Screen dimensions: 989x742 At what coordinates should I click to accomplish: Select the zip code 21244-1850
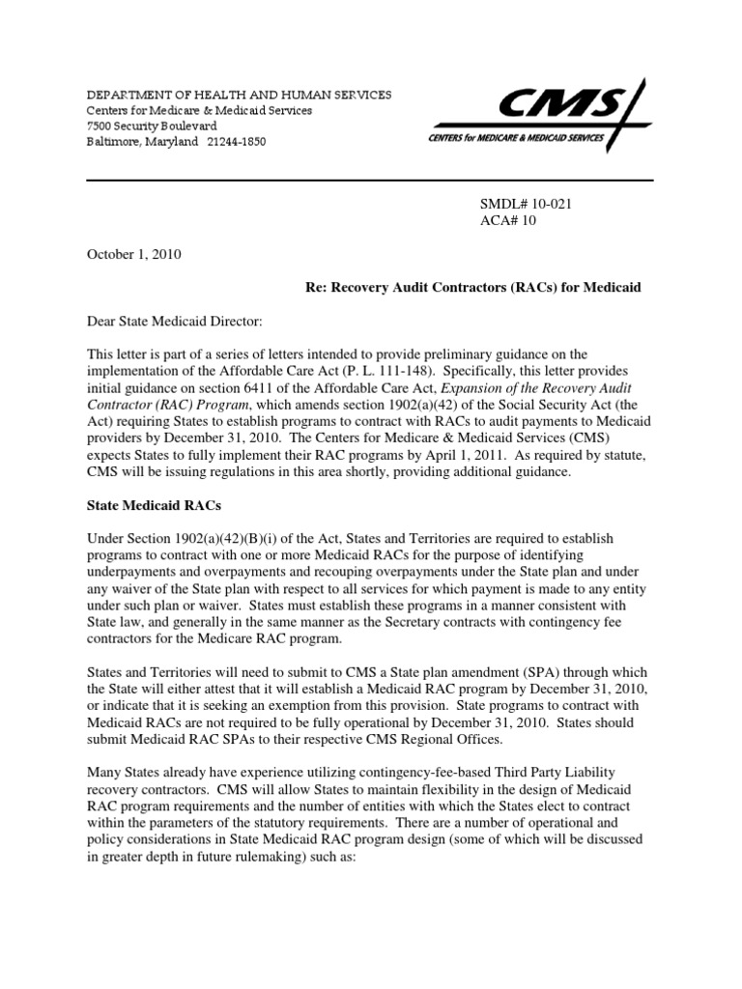point(236,142)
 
